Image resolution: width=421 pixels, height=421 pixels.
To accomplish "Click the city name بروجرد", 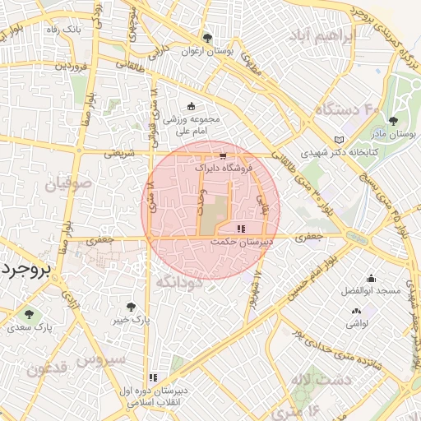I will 25,270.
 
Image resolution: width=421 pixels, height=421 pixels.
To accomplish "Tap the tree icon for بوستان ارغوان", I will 207,38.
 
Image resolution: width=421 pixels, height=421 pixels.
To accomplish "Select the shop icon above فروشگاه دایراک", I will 222,155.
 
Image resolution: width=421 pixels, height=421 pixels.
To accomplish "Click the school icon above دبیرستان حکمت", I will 240,229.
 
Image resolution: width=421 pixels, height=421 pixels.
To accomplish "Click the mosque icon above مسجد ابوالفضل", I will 371,278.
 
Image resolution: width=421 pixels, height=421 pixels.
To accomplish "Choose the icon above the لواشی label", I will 356,311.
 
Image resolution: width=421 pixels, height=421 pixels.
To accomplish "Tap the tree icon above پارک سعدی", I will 30,314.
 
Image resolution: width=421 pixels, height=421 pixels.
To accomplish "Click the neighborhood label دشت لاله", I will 326,379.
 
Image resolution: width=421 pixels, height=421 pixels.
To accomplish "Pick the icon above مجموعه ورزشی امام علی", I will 192,106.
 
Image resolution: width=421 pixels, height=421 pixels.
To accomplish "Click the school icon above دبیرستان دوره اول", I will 153,377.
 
